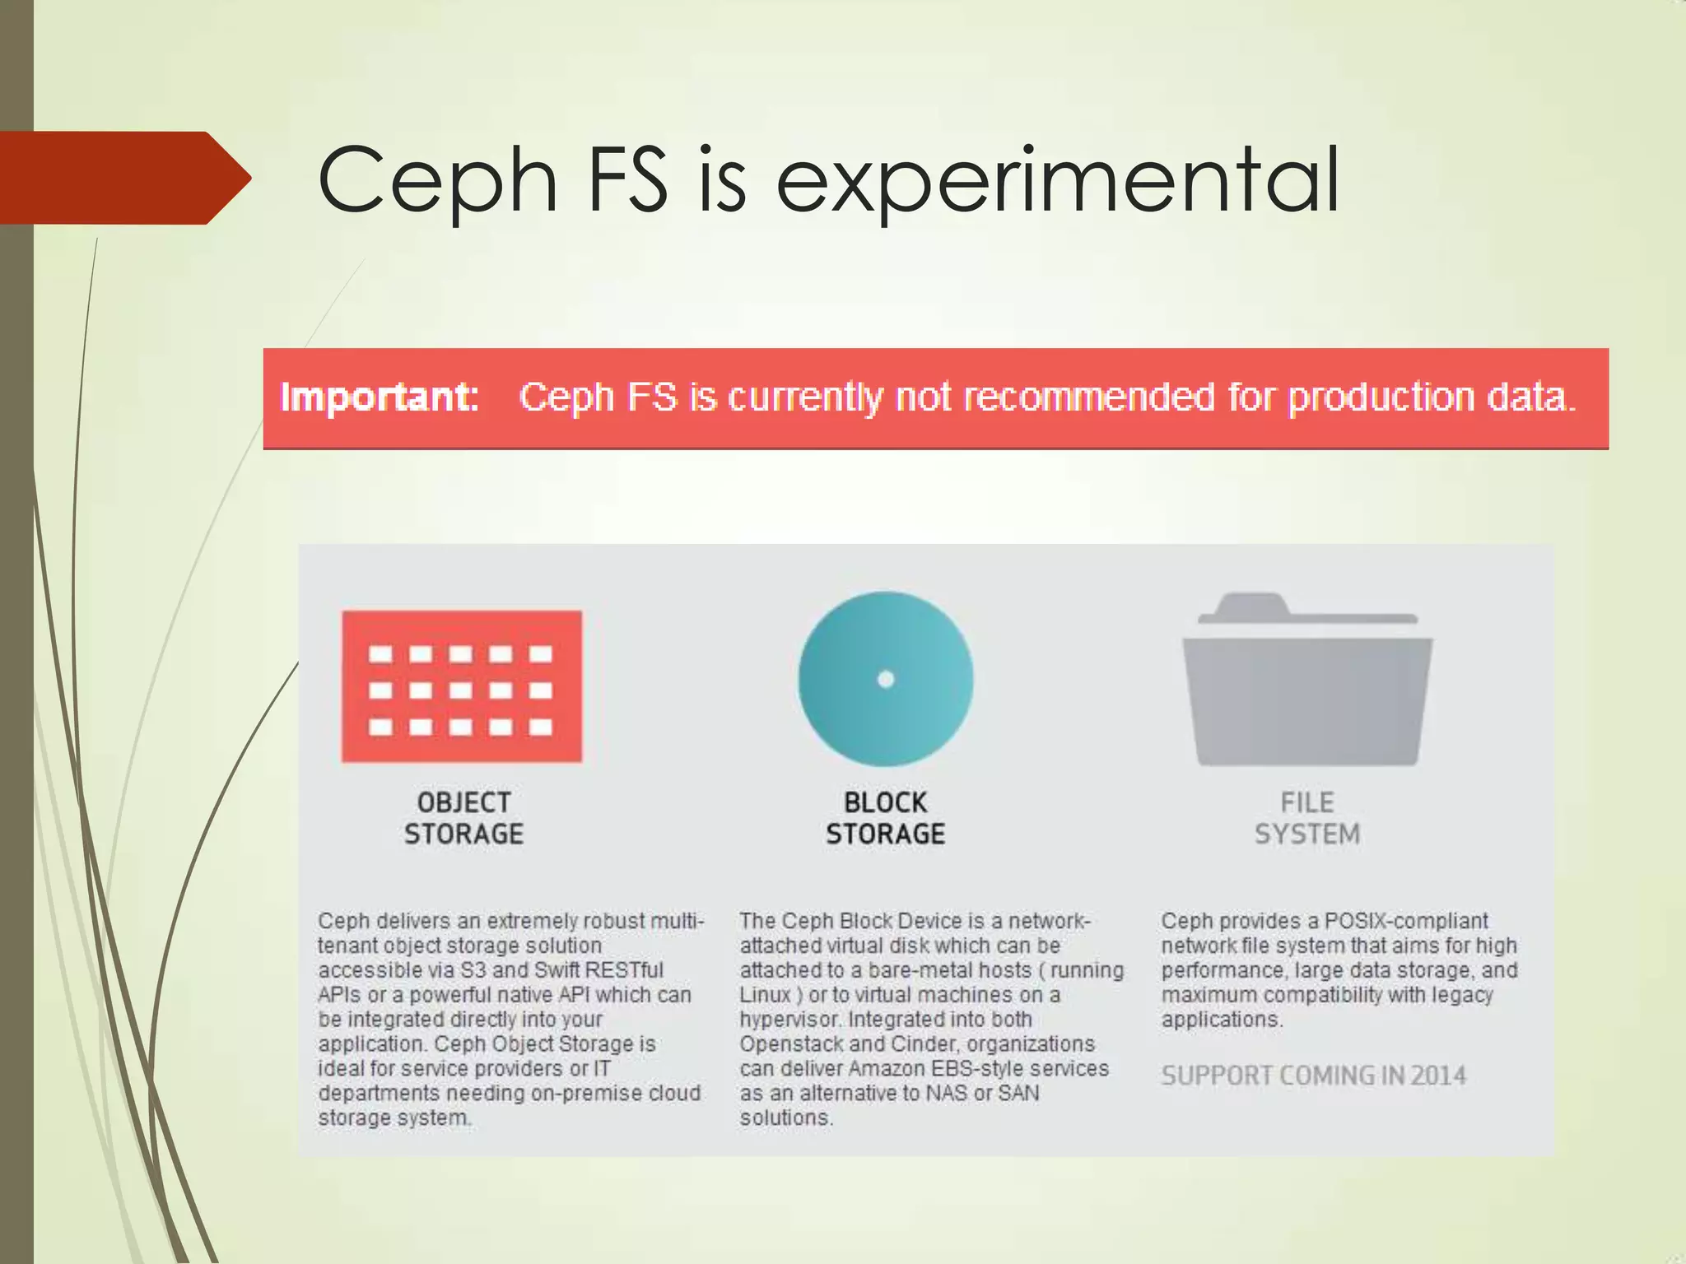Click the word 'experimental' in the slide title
1058,180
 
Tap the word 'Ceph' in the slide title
437,180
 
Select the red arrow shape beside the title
123,178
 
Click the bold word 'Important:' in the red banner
380,397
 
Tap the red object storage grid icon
462,686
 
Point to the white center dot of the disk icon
886,679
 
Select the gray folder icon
1307,683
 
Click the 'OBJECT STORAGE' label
463,818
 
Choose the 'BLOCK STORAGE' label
886,818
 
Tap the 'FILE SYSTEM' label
1307,818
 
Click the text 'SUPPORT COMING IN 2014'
1314,1076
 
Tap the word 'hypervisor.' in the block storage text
790,1020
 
